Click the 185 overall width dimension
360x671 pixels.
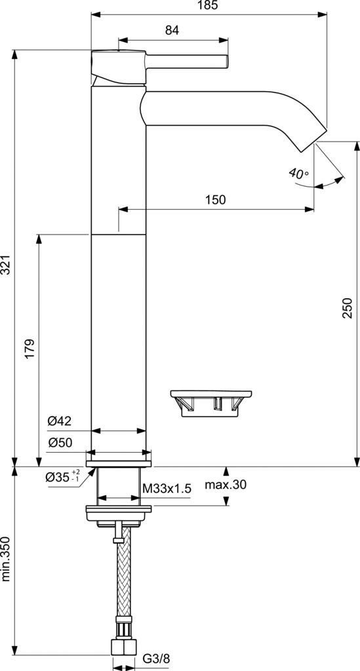(x=207, y=5)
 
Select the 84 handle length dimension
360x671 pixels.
(x=172, y=30)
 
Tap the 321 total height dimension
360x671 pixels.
(x=7, y=263)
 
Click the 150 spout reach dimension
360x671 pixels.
(x=215, y=200)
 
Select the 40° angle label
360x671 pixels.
(x=298, y=174)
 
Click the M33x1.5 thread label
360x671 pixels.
(x=167, y=488)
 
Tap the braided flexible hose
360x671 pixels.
(x=122, y=577)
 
